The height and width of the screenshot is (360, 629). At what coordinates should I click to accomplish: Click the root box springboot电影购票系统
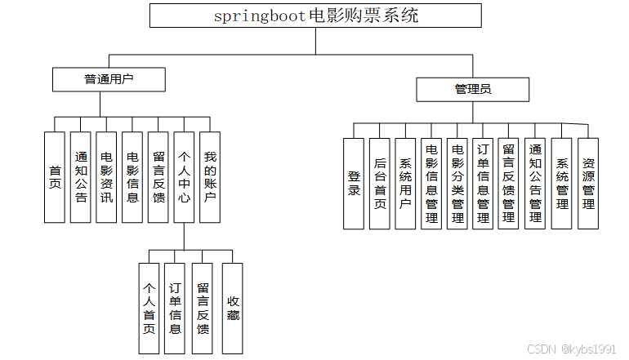tap(315, 16)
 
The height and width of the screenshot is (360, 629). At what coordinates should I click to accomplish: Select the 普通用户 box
tap(109, 79)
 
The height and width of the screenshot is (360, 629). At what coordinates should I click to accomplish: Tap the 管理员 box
tap(473, 89)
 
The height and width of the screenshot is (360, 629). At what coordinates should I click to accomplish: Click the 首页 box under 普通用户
tap(55, 176)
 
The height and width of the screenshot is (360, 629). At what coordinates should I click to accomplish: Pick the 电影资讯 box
tap(106, 176)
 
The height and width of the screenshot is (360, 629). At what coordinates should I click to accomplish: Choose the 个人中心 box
tap(185, 176)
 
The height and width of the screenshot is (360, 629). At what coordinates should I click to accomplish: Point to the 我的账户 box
tap(210, 176)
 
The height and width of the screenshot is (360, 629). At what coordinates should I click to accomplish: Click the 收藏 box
tap(233, 308)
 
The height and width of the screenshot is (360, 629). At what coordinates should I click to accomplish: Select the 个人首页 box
tap(149, 308)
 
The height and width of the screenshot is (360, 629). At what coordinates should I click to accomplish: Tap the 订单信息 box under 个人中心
tap(175, 308)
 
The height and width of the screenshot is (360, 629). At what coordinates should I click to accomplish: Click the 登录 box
tap(354, 183)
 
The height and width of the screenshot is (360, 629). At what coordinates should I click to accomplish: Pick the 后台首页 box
tap(380, 183)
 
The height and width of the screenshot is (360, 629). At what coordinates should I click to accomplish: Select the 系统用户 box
tap(405, 183)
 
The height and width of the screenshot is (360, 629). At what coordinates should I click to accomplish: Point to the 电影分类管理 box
tap(457, 183)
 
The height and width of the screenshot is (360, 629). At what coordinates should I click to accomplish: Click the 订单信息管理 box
tap(483, 183)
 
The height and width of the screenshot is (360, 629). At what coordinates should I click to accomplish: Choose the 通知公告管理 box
tap(535, 183)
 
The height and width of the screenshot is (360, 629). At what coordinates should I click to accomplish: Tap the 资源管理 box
tap(588, 183)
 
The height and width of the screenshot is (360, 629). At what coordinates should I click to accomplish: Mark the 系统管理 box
tap(562, 183)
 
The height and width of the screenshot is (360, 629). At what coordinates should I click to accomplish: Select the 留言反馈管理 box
tap(508, 183)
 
